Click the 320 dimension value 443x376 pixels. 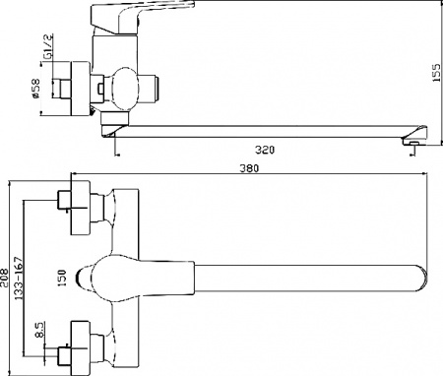[265, 150]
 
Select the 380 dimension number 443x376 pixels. [249, 168]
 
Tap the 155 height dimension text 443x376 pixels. [436, 73]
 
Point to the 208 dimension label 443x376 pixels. [5, 279]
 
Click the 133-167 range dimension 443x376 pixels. [19, 279]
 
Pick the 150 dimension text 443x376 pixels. [61, 278]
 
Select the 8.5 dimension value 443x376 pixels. [38, 330]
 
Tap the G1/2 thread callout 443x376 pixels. [48, 46]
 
